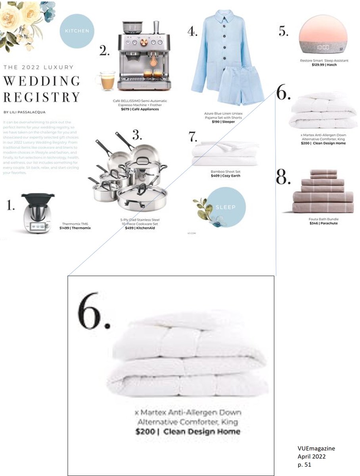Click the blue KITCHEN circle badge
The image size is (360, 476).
(76, 31)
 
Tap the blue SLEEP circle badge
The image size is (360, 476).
(226, 207)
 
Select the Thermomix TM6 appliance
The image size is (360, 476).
(38, 213)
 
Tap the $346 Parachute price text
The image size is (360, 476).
(324, 223)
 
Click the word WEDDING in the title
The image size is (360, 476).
(42, 81)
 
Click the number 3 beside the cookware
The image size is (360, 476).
(137, 136)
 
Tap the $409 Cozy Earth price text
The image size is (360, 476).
(225, 175)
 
